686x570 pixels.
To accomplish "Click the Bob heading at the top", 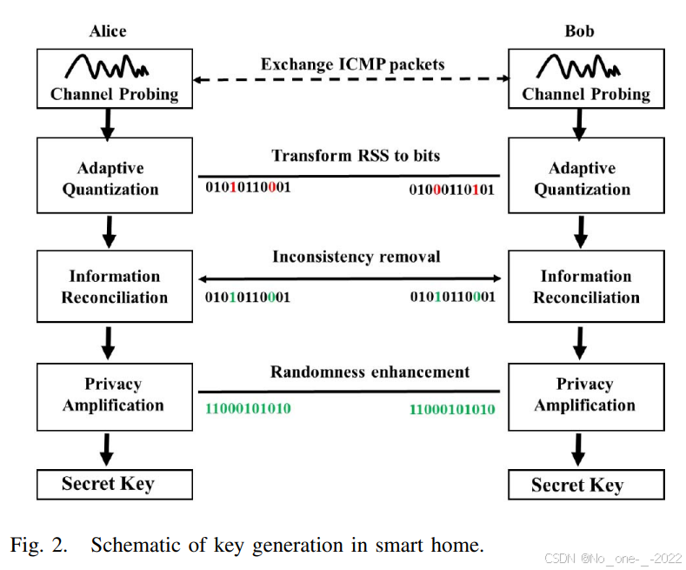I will coord(579,31).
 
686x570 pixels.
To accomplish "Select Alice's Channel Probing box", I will coord(114,79).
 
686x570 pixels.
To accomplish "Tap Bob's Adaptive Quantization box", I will coord(585,178).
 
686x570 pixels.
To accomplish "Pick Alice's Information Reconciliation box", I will coord(114,286).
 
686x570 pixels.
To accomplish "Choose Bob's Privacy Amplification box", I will coord(585,394).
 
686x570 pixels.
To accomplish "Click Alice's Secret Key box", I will coord(114,483).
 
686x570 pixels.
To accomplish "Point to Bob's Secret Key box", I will coord(585,484).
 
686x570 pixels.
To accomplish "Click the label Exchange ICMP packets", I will coord(352,64).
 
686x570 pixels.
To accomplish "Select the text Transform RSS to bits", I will coord(356,156).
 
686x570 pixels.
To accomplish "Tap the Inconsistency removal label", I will coord(356,257).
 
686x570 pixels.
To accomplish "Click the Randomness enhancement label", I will coord(357,372).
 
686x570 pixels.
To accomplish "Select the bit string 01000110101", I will coord(451,188).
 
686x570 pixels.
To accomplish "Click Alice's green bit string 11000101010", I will coord(248,408).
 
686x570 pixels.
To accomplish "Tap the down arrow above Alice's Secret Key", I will coord(108,448).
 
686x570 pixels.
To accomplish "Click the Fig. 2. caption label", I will coord(39,546).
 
